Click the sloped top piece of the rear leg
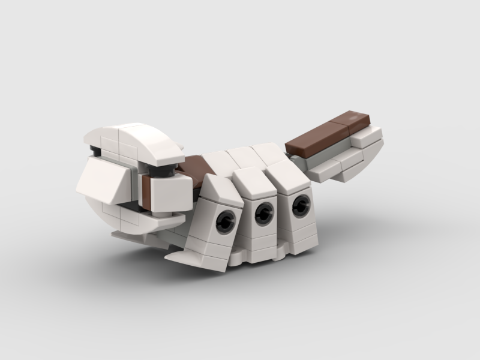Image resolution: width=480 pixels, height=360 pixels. (x=288, y=176)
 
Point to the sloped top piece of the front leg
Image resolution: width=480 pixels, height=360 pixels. (x=219, y=189)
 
